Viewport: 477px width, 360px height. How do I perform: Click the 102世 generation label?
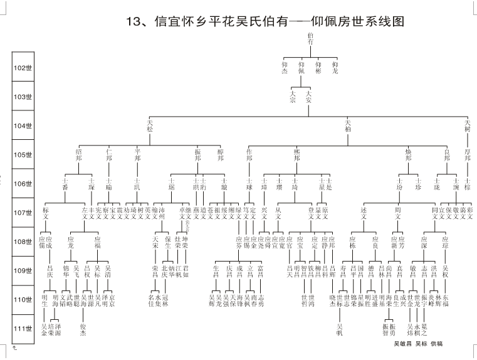coord(23,68)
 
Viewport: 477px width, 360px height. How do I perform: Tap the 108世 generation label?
coord(23,241)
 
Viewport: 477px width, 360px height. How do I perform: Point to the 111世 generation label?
coord(23,328)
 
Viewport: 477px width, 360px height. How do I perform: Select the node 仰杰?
coord(285,68)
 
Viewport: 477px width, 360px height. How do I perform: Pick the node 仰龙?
coord(335,68)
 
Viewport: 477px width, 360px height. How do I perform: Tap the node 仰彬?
coord(318,68)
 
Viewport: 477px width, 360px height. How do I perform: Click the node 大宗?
coord(293,97)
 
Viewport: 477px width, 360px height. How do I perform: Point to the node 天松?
coord(150,125)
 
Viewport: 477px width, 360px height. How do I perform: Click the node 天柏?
coord(348,125)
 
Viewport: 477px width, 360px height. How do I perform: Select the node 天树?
coord(467,125)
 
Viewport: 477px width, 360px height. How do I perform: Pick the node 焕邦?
coord(408,154)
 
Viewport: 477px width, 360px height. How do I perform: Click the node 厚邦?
coord(467,154)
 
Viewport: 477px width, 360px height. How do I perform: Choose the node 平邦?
coord(137,154)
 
